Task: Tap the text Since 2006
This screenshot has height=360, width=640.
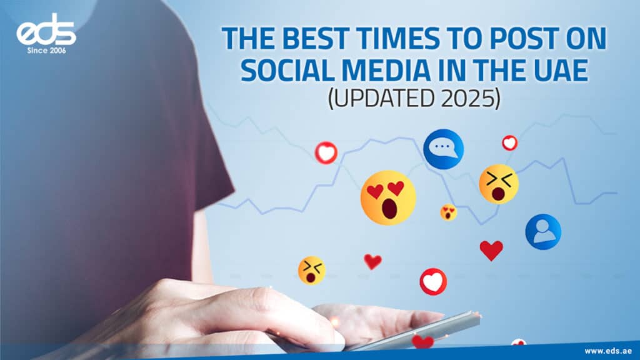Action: [46, 51]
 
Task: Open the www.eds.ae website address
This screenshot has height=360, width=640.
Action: [607, 351]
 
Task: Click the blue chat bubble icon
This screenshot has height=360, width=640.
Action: [443, 149]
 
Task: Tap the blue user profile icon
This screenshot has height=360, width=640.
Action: [543, 232]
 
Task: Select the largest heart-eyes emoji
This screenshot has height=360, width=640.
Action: [387, 197]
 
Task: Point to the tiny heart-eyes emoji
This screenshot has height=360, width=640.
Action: [448, 212]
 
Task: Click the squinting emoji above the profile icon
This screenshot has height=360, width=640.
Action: [499, 184]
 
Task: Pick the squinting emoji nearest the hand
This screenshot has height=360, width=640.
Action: [311, 270]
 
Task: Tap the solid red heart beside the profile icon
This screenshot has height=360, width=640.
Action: [491, 250]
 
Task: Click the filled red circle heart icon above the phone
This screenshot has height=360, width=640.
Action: [433, 282]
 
